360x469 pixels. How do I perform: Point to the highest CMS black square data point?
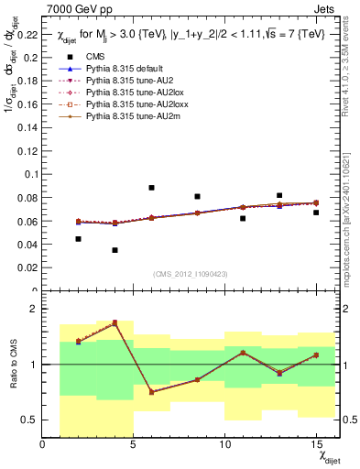[151, 188]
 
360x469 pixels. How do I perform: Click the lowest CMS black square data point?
[115, 250]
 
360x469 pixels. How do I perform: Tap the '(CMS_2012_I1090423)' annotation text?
[191, 276]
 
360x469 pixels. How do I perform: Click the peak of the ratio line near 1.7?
[115, 322]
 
